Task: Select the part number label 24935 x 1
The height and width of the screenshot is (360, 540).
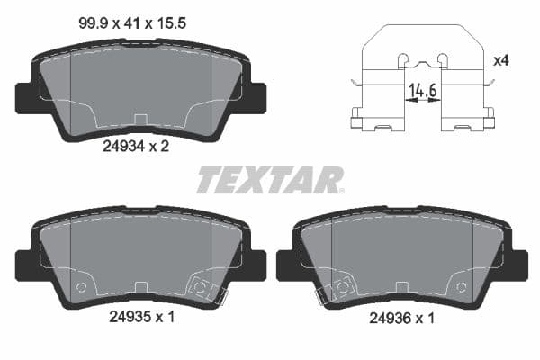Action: click(x=140, y=318)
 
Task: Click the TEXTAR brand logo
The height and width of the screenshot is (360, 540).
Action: click(x=269, y=180)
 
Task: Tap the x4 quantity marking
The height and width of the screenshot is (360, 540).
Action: click(x=501, y=60)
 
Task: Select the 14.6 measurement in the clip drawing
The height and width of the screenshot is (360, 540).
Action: click(x=423, y=90)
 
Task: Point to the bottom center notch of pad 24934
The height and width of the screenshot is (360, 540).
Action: click(x=140, y=120)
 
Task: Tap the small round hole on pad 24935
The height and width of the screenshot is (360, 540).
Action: click(x=82, y=288)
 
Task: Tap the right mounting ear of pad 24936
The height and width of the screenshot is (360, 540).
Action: click(x=517, y=265)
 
